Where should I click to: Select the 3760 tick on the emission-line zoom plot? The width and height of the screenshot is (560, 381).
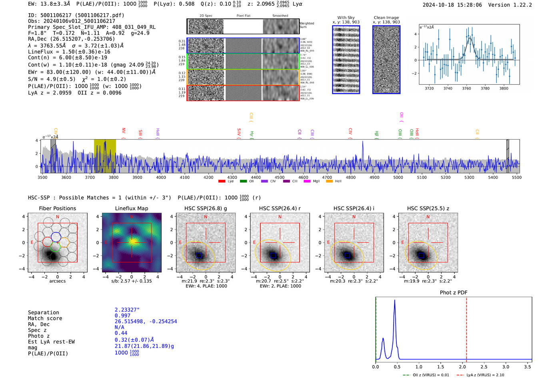pos(466,88)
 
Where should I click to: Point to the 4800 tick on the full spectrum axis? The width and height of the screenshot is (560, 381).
pos(351,177)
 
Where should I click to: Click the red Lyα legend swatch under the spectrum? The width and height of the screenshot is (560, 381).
pos(222,182)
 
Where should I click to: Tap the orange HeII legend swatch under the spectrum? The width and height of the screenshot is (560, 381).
pos(329,182)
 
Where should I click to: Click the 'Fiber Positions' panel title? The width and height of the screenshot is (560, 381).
pos(57,208)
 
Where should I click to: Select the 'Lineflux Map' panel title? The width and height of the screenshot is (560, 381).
pos(131,208)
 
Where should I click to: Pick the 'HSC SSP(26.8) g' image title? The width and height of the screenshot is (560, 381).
pos(205,208)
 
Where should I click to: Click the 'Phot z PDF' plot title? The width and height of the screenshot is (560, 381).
pos(453,292)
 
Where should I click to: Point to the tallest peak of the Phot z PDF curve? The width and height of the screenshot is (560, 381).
pos(394,300)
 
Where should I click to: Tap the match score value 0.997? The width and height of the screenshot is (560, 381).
pos(122,316)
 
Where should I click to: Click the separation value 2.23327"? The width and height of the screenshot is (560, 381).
pos(127,310)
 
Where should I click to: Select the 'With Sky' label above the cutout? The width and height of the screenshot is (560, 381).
pos(346,18)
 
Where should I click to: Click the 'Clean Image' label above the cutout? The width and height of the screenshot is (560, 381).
pos(386,18)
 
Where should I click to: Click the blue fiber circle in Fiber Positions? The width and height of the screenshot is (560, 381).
pos(56,237)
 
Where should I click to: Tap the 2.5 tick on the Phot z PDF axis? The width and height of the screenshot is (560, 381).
pos(484,367)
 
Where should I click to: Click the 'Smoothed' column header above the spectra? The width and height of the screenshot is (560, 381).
pos(280,16)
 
